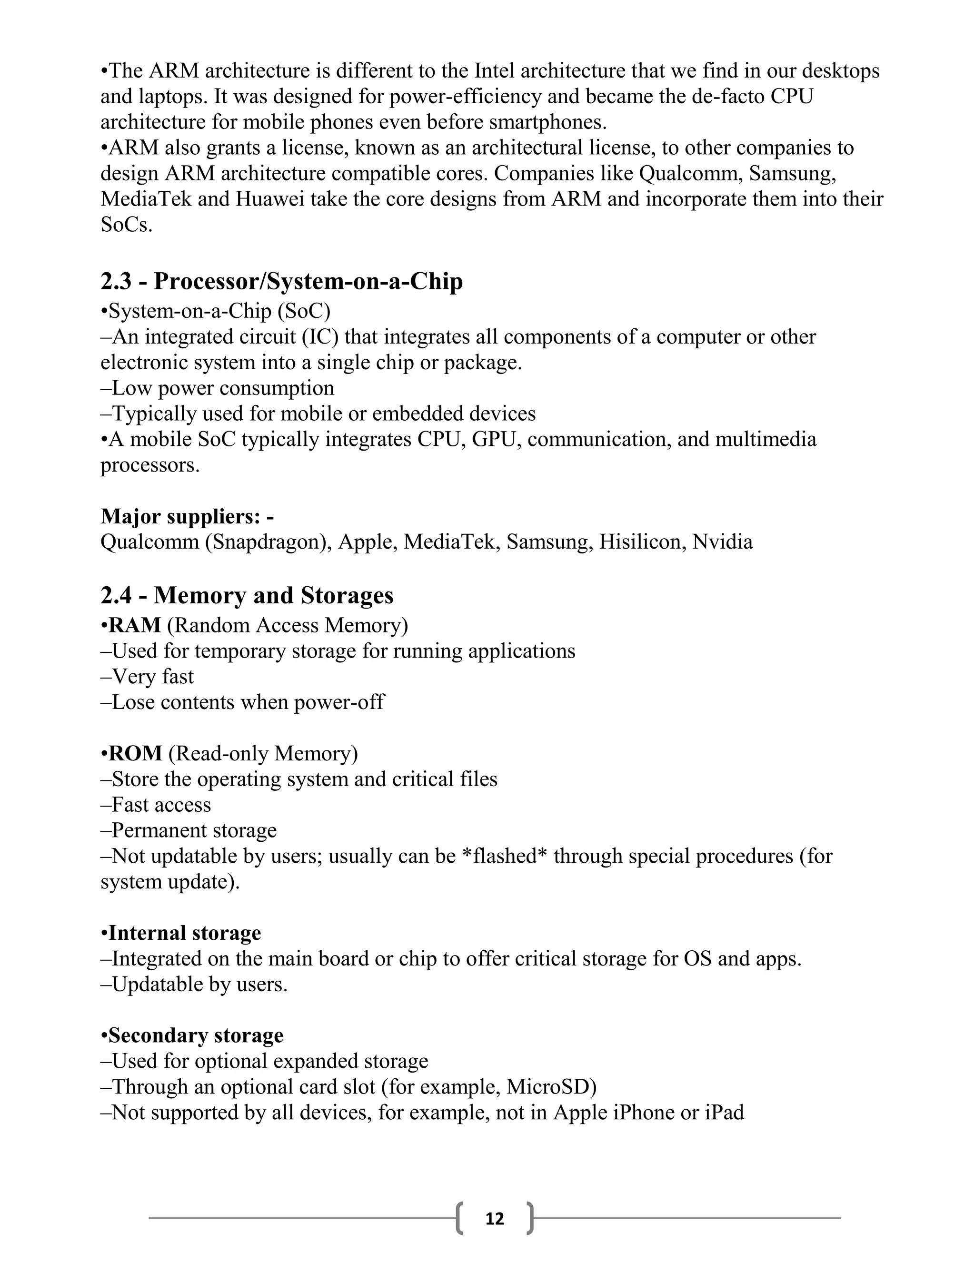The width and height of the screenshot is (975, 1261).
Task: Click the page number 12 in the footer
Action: [x=495, y=1218]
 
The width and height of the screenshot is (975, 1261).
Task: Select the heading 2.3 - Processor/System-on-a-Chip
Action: [x=281, y=281]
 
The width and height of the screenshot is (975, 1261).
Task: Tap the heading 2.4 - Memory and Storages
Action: [x=247, y=595]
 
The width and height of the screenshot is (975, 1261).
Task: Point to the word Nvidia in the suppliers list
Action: [x=723, y=542]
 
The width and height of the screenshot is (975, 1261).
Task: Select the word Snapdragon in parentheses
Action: [x=269, y=542]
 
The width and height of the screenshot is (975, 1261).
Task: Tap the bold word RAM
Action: [x=135, y=625]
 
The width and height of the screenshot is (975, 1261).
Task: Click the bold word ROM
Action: [x=135, y=753]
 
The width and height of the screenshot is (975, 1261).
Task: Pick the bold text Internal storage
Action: [x=184, y=933]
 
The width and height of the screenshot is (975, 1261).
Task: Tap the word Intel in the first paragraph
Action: [x=494, y=71]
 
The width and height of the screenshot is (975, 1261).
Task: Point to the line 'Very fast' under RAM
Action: [x=152, y=677]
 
